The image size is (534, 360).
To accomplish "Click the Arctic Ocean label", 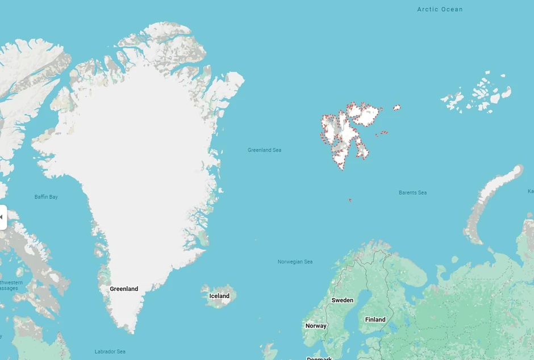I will coord(440,9).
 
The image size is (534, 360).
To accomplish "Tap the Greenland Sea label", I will coord(264,150).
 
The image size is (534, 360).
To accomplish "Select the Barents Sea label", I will coord(412,192).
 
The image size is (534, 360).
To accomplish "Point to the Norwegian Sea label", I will coord(295,262).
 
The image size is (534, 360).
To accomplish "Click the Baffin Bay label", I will coord(46,197).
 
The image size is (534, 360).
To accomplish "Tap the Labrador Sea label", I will coord(110,351).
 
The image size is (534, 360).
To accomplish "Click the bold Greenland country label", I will coord(124,289).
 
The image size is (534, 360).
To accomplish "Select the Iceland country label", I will coord(219,296).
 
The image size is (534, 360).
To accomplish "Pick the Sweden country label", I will coord(342,300).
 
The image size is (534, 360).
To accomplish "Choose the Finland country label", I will coord(375,320).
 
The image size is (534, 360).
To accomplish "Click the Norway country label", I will coord(316,326).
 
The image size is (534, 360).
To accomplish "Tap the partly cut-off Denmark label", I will coord(319,358).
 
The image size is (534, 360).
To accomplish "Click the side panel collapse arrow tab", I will coord(2,217).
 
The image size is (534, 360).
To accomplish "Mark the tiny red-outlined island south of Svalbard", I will coord(349,200).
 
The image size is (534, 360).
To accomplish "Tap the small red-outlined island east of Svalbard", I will coord(397,107).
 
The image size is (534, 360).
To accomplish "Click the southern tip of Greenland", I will coord(132,330).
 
